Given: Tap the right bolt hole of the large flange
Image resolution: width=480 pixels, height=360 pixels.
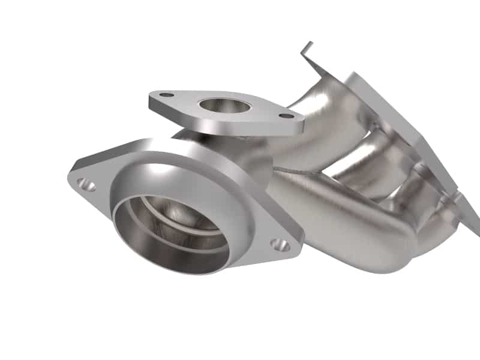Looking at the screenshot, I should pos(279,244).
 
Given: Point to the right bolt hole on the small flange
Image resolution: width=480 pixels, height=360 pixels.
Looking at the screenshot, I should pos(287,115).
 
